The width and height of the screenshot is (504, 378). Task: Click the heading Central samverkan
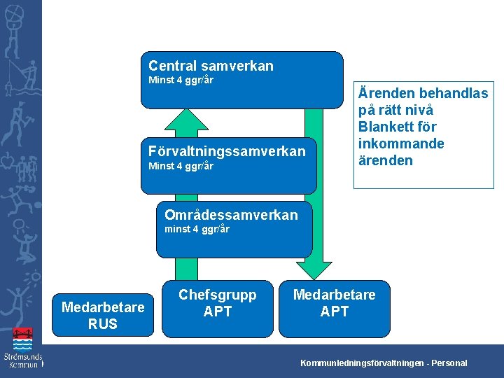[211, 66]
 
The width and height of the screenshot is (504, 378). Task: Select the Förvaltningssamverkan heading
[227, 151]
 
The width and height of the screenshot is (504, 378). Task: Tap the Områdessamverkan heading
[230, 215]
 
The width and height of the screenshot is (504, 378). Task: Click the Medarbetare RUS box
[103, 315]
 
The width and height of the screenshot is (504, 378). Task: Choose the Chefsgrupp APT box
[218, 302]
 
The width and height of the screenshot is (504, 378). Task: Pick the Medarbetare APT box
[334, 302]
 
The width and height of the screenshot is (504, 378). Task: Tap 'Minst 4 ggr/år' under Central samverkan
[181, 80]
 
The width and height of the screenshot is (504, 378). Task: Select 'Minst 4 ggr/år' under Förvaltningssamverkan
[181, 167]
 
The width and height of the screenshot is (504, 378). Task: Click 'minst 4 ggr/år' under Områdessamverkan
[197, 230]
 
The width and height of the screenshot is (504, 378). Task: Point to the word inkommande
[401, 143]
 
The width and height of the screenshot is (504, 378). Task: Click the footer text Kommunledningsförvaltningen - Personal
[384, 363]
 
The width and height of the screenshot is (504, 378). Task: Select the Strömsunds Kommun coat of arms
[23, 340]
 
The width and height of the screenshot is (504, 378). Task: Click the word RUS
[103, 324]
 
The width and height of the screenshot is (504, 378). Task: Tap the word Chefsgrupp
[218, 295]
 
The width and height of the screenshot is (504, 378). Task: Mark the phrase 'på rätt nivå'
[395, 110]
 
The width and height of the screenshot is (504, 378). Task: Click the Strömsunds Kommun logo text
[22, 361]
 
